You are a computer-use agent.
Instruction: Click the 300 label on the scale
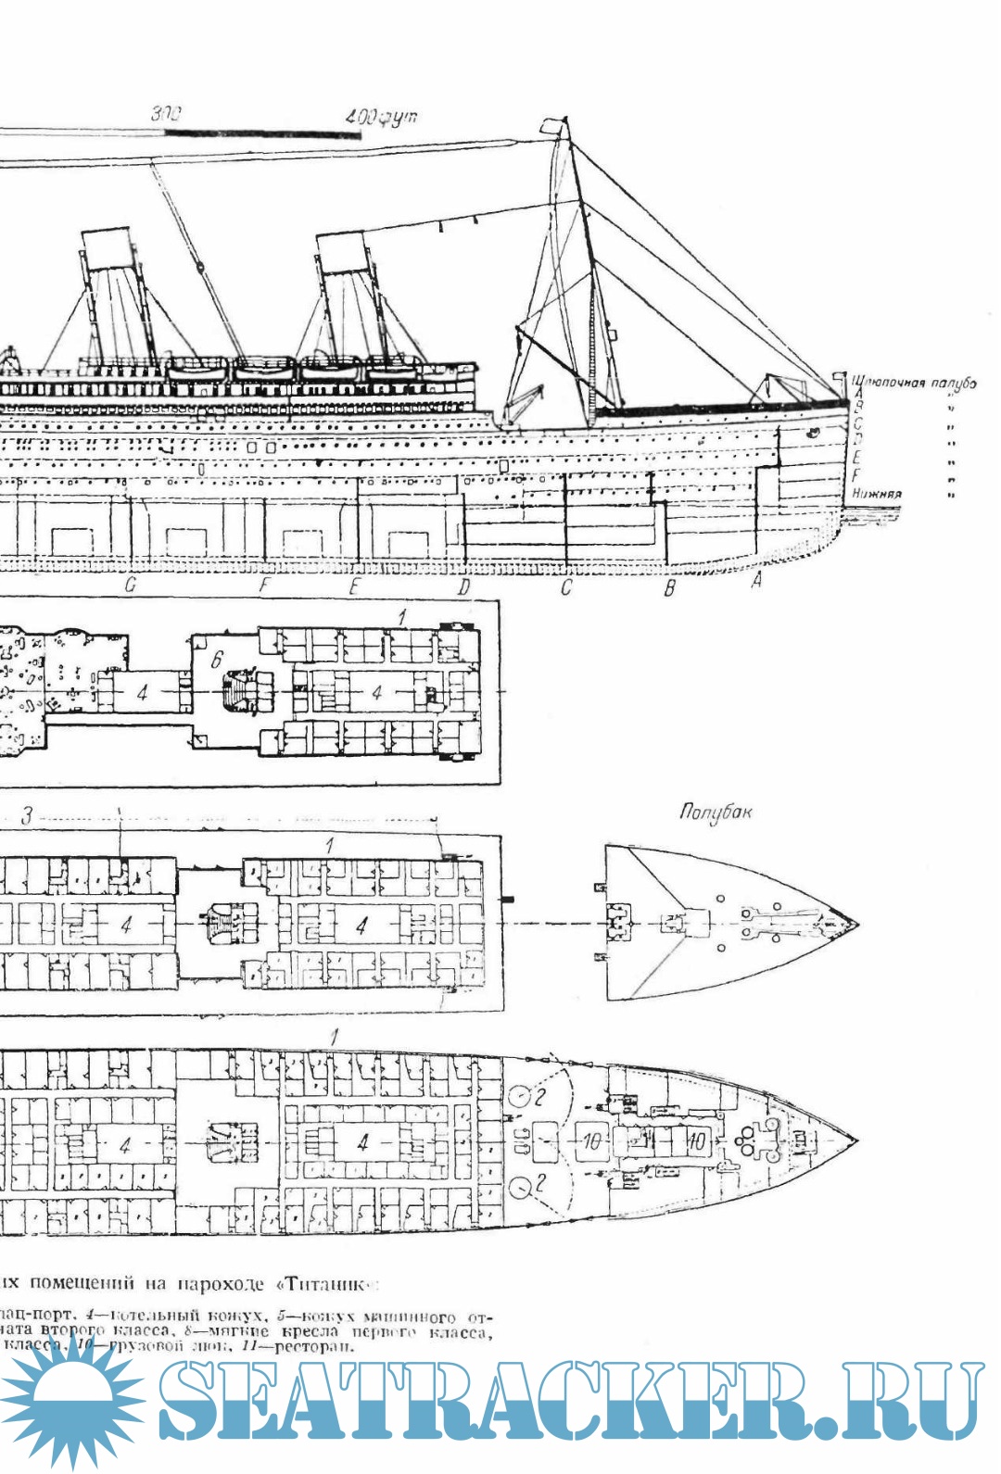click(167, 114)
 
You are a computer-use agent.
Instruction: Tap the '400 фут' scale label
click(381, 118)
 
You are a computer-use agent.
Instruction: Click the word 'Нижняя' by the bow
click(876, 494)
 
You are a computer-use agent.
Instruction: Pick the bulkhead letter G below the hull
click(131, 586)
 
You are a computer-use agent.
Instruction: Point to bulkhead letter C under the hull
click(566, 586)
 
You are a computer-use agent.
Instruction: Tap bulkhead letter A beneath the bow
click(756, 581)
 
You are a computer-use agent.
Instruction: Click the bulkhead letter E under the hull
click(354, 586)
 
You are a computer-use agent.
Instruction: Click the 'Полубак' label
click(715, 813)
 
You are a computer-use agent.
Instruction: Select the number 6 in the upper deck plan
click(216, 660)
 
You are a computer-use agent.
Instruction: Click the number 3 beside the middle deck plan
click(28, 816)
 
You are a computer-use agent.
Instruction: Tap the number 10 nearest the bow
click(697, 1141)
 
